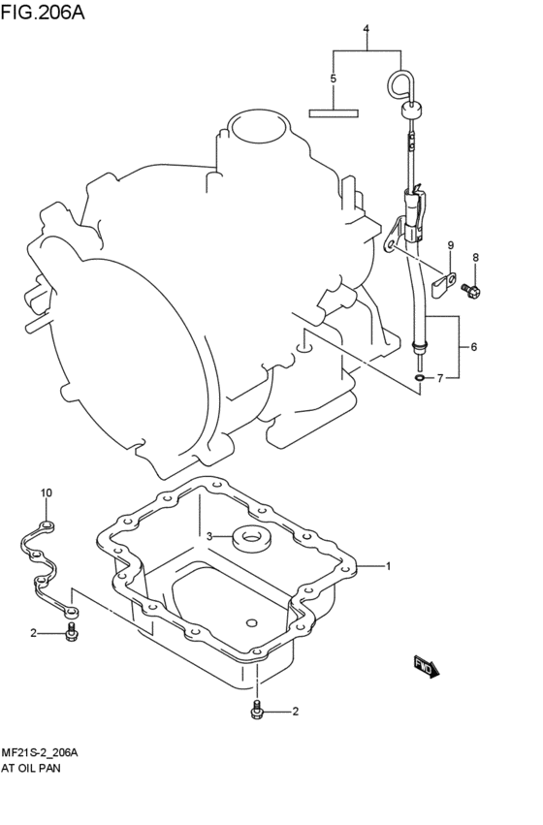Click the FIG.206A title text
[43, 12]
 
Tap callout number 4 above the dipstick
[367, 28]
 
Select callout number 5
[333, 79]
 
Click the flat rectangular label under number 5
[334, 113]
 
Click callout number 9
[451, 245]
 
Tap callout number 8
[476, 257]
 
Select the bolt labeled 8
[471, 290]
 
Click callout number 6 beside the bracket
[474, 347]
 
